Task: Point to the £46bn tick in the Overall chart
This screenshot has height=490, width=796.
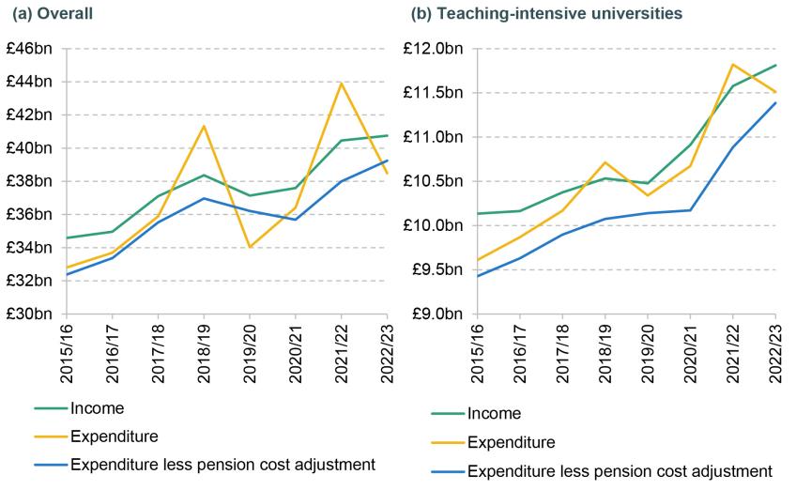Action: (33, 49)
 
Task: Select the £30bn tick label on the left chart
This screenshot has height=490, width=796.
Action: (33, 314)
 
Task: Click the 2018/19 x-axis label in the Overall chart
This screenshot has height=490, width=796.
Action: (204, 347)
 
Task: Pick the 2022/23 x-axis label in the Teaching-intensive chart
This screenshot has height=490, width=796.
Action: (776, 347)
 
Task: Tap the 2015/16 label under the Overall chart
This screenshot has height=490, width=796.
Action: (67, 347)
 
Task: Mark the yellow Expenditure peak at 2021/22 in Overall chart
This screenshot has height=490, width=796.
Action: (341, 83)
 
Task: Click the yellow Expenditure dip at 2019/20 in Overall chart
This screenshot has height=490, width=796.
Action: (250, 247)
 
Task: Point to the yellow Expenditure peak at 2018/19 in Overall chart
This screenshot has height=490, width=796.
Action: (204, 126)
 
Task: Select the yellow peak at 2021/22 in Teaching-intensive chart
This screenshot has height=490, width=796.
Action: (732, 64)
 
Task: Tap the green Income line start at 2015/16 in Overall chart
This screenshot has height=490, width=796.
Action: (67, 237)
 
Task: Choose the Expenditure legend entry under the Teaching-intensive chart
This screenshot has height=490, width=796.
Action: (512, 442)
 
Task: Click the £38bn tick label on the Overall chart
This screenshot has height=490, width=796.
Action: (33, 181)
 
